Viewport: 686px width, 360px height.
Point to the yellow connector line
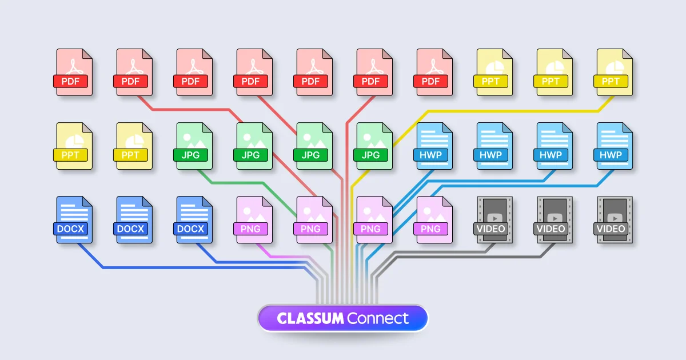(x=514, y=110)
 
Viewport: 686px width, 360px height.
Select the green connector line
(x=240, y=183)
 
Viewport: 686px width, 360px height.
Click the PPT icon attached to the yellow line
(x=615, y=72)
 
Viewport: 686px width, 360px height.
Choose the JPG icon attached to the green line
(x=193, y=146)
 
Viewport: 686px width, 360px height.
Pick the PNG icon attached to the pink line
(x=253, y=220)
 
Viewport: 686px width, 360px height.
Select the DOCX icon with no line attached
(x=133, y=220)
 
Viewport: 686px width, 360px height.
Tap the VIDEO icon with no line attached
(x=613, y=220)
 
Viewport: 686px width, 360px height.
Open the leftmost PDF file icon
(x=73, y=72)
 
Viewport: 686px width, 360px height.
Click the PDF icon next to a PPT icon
(x=433, y=72)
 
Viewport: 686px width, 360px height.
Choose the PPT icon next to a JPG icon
(x=133, y=146)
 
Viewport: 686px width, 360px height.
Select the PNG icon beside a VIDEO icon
(x=433, y=220)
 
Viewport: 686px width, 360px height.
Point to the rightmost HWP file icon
(x=613, y=146)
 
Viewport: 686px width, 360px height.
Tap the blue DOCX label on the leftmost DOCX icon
(x=71, y=229)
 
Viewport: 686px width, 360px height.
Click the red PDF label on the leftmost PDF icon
(x=71, y=81)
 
